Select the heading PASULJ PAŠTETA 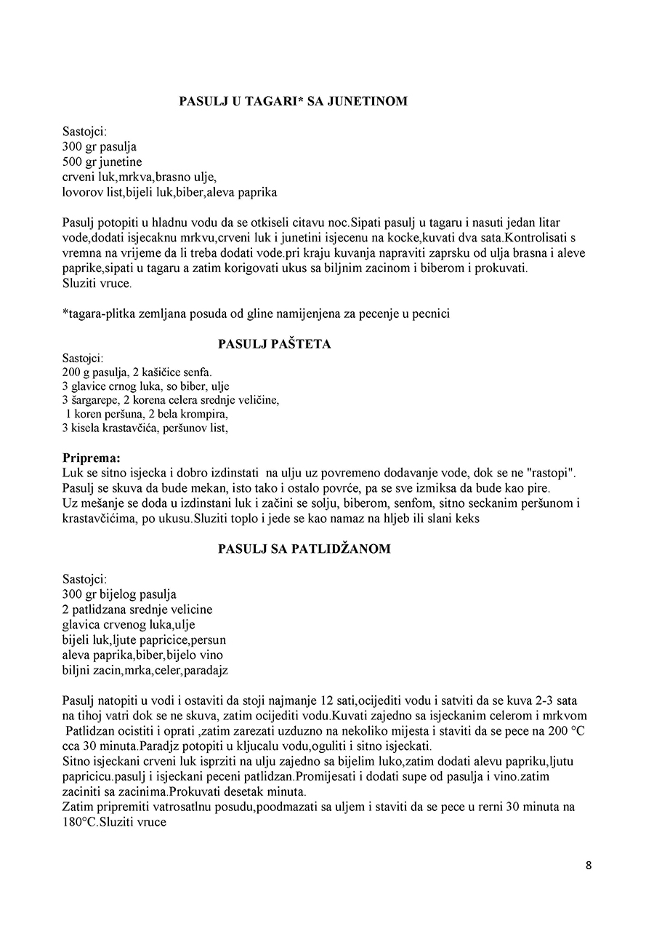(x=275, y=344)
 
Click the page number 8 (x=588, y=866)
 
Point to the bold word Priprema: (x=92, y=458)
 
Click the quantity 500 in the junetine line (x=73, y=162)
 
